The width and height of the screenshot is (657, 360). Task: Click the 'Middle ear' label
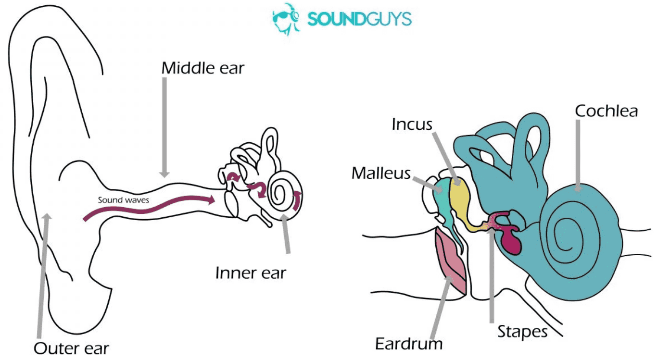(202, 68)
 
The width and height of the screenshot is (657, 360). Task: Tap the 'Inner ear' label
(251, 273)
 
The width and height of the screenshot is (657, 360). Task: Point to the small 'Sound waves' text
(124, 200)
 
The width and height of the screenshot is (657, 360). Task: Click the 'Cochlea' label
(606, 111)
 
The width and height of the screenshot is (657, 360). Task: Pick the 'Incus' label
(412, 124)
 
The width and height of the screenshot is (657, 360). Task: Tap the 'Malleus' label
(381, 173)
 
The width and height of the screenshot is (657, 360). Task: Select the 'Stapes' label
(522, 332)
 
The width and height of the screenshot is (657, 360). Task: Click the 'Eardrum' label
(409, 344)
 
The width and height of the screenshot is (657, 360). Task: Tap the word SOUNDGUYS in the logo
(360, 19)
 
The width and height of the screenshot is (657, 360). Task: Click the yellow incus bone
(460, 202)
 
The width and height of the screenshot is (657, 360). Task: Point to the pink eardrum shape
(451, 261)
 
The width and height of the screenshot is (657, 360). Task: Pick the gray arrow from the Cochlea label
(578, 156)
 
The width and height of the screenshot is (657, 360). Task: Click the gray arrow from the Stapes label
(492, 275)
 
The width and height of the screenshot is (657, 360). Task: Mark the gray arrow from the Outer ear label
(43, 275)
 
